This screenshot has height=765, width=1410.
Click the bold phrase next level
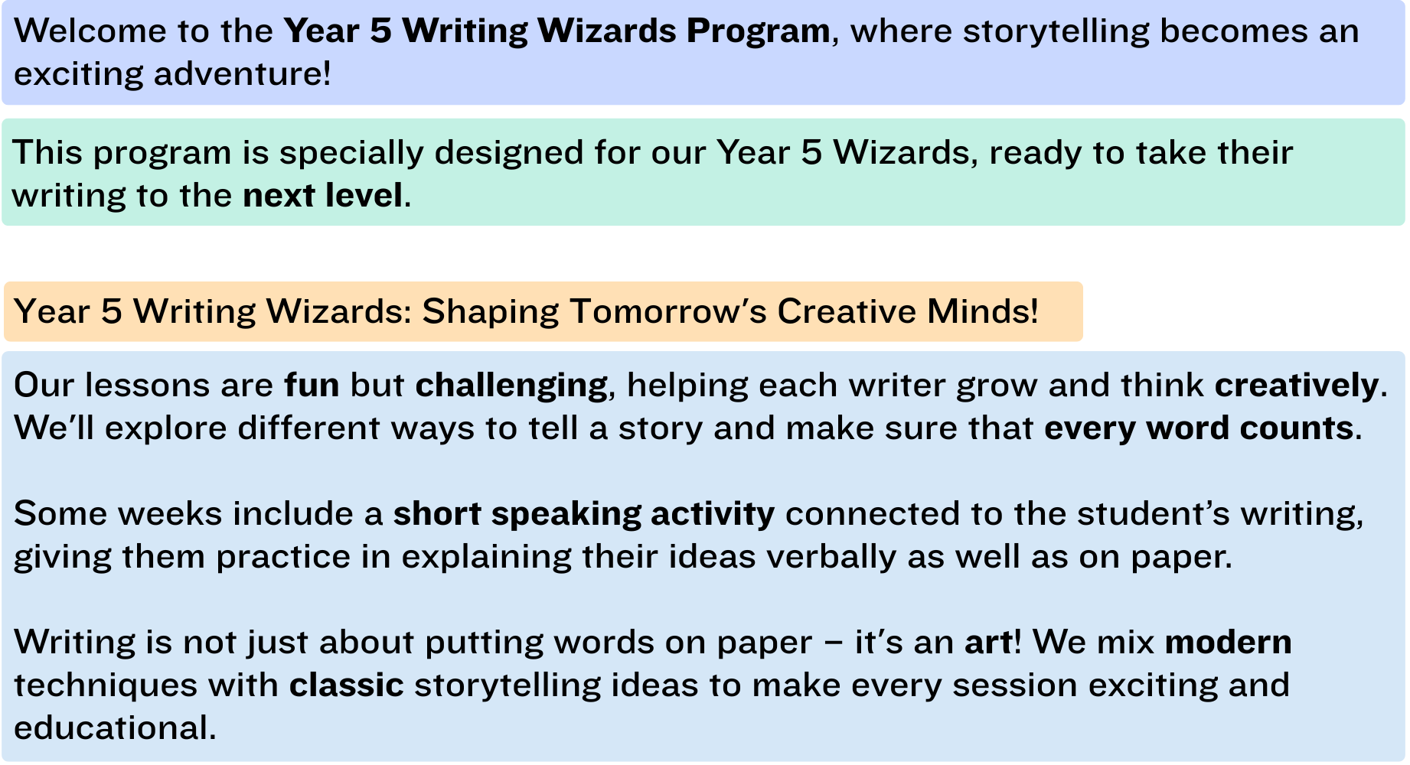[322, 196]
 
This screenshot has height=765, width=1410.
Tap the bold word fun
[312, 385]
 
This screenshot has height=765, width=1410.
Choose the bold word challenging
[511, 386]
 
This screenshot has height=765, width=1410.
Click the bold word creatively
[1297, 386]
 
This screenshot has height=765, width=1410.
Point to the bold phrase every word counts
[1199, 428]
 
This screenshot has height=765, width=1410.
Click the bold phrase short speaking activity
[584, 514]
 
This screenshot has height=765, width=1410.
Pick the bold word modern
[1229, 643]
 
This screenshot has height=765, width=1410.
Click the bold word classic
[347, 685]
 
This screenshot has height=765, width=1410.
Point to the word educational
[115, 728]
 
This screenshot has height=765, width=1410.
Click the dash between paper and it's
[834, 643]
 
